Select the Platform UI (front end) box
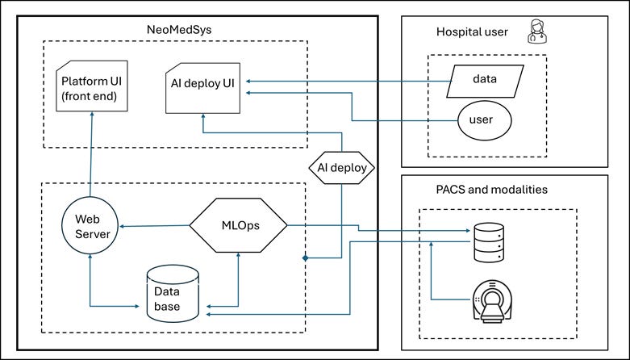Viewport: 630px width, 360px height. click(91, 86)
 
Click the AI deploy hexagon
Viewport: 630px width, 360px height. click(344, 169)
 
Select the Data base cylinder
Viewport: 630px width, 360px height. click(173, 291)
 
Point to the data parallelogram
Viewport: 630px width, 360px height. click(486, 80)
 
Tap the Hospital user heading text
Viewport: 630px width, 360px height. click(472, 32)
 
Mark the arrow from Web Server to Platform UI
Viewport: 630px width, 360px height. click(90, 153)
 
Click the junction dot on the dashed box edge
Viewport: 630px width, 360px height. click(306, 258)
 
